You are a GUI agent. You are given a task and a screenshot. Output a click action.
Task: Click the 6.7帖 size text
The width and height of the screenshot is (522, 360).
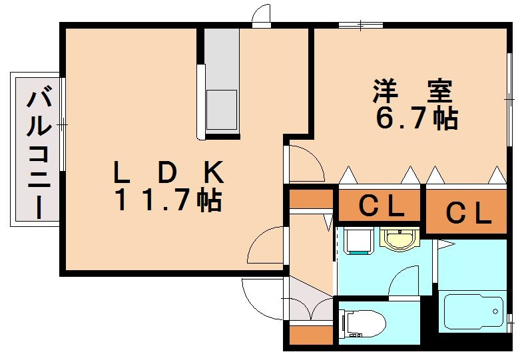pyautogui.click(x=416, y=118)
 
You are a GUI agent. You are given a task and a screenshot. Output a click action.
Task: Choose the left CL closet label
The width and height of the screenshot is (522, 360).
pyautogui.click(x=381, y=207)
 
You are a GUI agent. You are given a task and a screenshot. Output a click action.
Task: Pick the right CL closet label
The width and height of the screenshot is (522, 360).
pyautogui.click(x=468, y=212)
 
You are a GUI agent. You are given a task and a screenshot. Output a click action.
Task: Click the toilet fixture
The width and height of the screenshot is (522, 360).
pyautogui.click(x=364, y=325)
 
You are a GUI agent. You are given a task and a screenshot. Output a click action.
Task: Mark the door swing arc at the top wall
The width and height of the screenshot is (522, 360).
pyautogui.click(x=262, y=15)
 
